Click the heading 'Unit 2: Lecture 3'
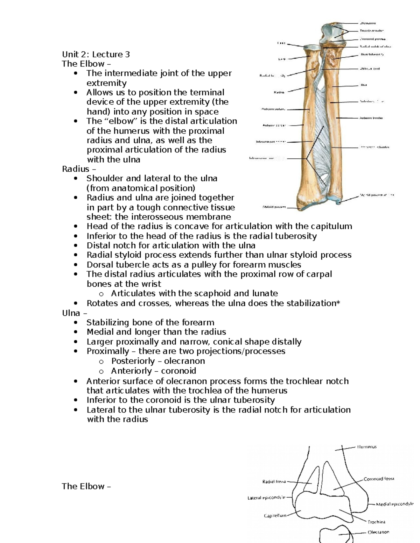click(96, 54)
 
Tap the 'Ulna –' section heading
click(74, 313)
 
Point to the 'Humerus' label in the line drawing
click(367, 447)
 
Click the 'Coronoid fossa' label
click(379, 479)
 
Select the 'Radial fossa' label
click(274, 481)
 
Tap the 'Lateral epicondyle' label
click(266, 498)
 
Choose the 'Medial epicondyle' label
click(394, 504)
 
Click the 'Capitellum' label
click(275, 516)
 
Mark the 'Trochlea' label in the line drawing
click(376, 522)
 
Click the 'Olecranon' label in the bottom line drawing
click(378, 532)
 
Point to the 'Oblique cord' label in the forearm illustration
click(370, 69)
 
